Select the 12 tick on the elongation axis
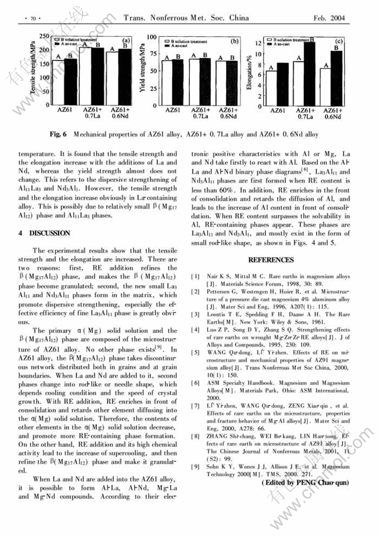(257, 43)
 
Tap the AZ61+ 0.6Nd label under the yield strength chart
(227, 113)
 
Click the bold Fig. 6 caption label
(58, 134)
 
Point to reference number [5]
(196, 352)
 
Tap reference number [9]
(196, 466)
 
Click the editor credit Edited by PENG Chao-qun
(305, 482)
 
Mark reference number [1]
(196, 276)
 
